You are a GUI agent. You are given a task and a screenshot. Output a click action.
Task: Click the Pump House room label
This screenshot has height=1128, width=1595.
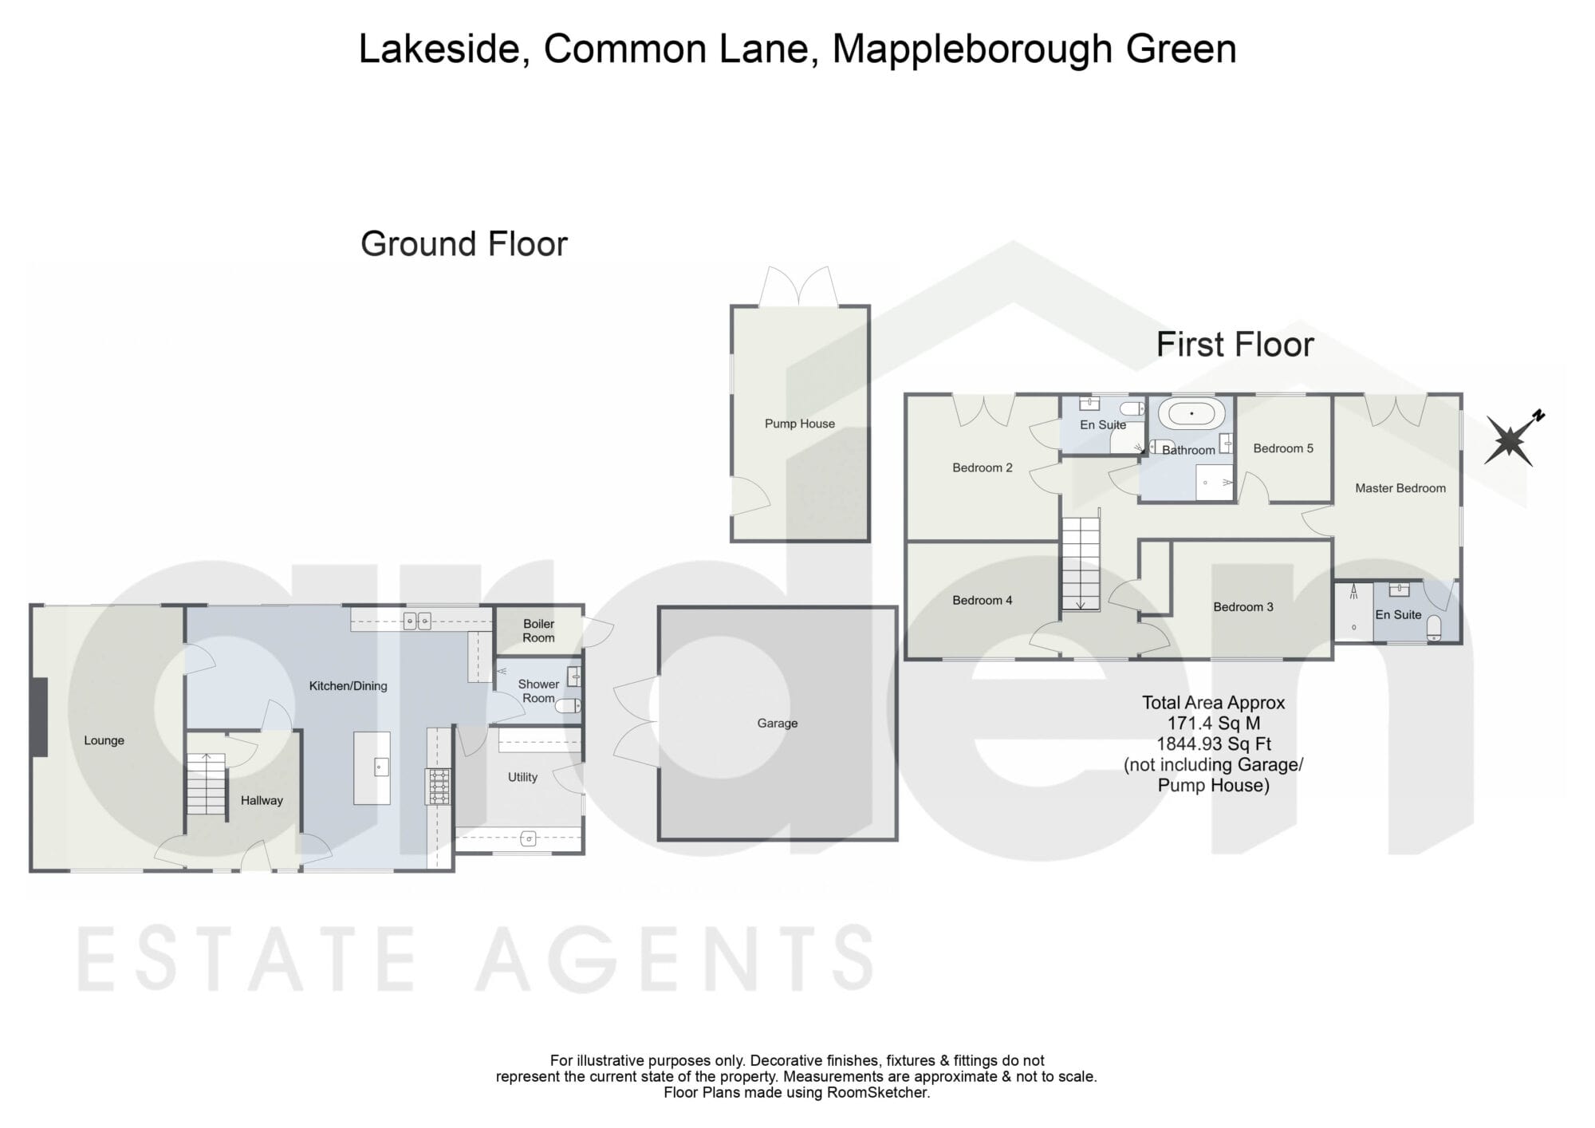coord(799,424)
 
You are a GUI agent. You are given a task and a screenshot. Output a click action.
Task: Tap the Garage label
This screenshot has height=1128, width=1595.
coord(778,724)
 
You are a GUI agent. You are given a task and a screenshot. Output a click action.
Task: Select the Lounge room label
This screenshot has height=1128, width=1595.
coord(104,740)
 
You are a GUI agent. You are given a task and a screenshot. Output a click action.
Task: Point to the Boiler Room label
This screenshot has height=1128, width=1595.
coord(538,630)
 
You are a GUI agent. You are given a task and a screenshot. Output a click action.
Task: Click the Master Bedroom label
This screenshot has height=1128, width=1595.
coord(1400,488)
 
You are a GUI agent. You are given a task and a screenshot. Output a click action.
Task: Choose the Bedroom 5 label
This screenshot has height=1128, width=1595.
coord(1283,448)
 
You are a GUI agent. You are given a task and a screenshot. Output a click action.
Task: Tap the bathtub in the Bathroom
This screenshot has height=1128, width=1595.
coord(1191,413)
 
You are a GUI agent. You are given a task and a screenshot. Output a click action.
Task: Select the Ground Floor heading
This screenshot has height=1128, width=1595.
coord(464,244)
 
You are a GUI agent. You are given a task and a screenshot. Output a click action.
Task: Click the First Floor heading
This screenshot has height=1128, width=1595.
coord(1235,345)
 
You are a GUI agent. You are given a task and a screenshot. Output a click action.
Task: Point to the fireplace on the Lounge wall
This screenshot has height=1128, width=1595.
coord(39,717)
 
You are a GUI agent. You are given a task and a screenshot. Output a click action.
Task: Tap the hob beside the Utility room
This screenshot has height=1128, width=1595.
coord(439,787)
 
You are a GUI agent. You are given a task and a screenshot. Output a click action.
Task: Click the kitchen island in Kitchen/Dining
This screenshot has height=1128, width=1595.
coord(372,767)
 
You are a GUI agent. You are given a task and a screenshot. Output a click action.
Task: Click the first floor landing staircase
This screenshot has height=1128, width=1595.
coord(1080,563)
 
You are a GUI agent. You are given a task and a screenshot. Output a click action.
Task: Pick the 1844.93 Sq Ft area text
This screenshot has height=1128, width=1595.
coord(1214,744)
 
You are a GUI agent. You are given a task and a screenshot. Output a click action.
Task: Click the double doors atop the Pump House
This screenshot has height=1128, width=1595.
coord(799,286)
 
